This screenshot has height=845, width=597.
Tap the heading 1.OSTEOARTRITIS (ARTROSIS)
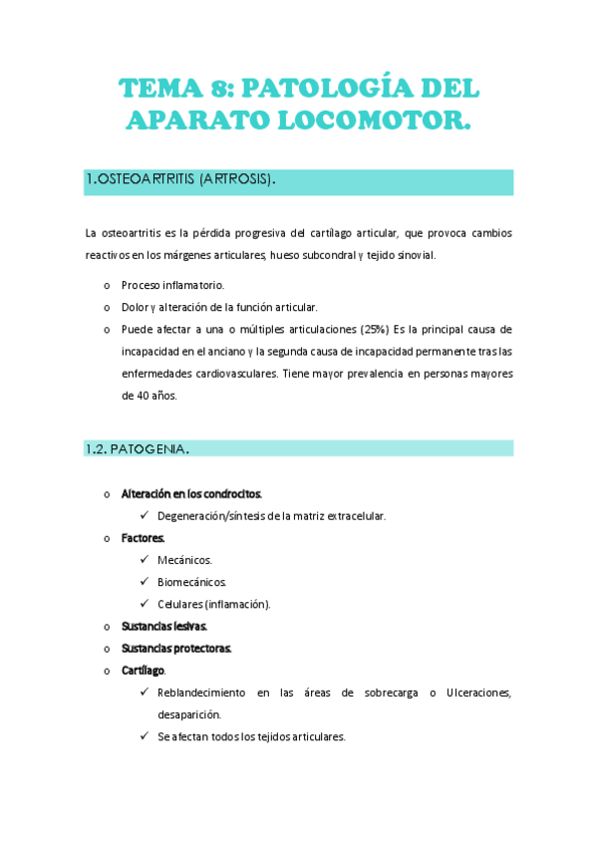[x=180, y=180]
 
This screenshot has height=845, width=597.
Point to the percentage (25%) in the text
[x=375, y=329]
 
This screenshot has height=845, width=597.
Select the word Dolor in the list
[x=135, y=307]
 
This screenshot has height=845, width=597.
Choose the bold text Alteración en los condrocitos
[x=191, y=493]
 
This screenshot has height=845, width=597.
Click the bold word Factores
[x=143, y=538]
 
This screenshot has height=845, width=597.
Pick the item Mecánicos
[x=184, y=560]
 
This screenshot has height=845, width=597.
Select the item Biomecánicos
[x=191, y=582]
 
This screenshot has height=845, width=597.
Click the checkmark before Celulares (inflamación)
[x=146, y=604]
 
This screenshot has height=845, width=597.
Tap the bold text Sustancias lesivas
[x=163, y=626]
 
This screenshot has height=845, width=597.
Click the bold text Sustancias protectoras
[x=176, y=648]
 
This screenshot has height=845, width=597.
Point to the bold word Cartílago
[x=144, y=671]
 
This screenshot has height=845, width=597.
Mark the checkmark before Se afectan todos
[x=146, y=736]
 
